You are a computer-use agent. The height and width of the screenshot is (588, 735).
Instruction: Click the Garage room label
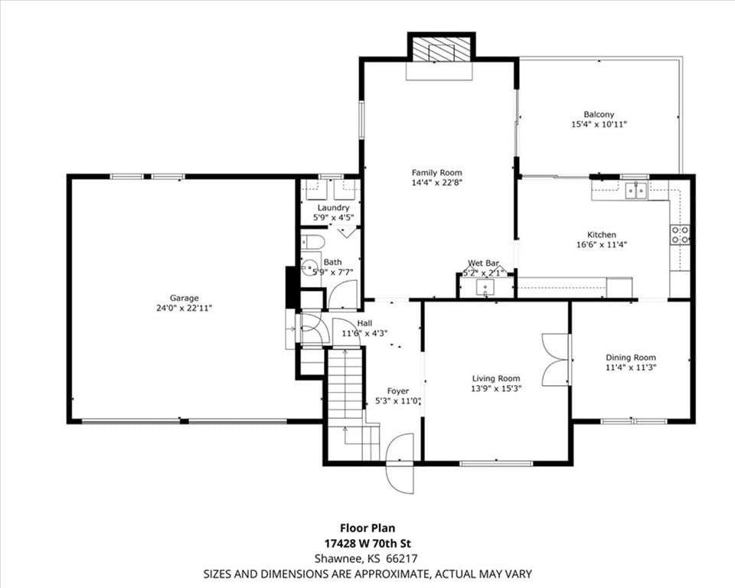[185, 298]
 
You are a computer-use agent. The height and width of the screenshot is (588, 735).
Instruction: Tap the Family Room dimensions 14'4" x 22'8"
[437, 183]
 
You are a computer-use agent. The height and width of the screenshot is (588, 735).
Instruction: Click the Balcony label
[599, 114]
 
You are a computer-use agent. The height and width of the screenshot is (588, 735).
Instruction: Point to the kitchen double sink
[636, 190]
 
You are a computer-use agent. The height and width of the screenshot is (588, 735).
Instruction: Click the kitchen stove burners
[680, 234]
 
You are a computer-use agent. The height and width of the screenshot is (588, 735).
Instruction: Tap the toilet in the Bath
[312, 242]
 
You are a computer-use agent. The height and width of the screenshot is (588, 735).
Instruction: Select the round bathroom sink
[309, 269]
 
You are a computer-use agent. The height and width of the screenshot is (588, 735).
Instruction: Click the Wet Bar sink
[485, 287]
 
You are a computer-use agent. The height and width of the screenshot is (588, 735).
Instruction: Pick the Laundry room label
[333, 207]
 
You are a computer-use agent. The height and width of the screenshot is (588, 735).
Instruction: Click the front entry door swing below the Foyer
[400, 463]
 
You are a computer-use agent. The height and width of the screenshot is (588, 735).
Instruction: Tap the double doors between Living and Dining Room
[555, 360]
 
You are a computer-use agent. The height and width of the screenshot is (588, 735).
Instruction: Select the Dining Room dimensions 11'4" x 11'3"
[631, 367]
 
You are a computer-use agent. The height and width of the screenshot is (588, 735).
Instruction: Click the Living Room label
[496, 378]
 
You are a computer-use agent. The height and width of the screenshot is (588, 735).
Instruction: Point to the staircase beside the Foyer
[346, 404]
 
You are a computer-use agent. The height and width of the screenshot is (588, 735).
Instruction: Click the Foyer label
[398, 390]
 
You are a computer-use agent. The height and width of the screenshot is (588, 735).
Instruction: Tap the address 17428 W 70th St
[368, 544]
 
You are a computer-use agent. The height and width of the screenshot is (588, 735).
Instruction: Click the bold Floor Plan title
[367, 528]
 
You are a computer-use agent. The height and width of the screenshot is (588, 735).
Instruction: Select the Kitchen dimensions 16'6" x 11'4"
[602, 244]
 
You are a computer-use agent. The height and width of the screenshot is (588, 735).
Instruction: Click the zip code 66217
[402, 558]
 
